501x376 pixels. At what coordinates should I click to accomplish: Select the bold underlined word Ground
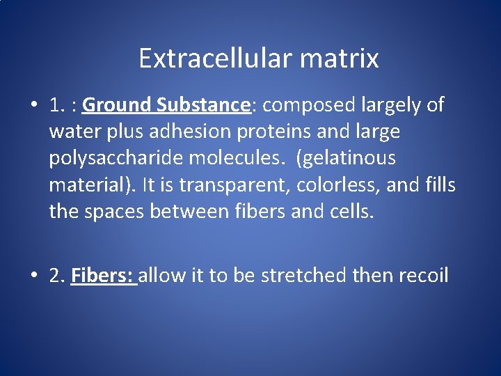pyautogui.click(x=116, y=105)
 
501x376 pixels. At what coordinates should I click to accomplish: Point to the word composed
pyautogui.click(x=307, y=105)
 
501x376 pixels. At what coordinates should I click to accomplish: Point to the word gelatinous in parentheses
pyautogui.click(x=346, y=158)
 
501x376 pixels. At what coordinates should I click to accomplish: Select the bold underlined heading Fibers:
pyautogui.click(x=103, y=276)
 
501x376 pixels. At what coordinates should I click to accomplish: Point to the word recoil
pyautogui.click(x=424, y=276)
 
